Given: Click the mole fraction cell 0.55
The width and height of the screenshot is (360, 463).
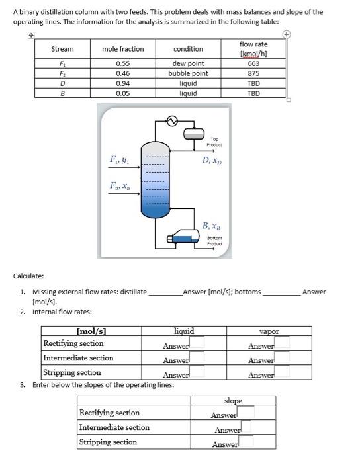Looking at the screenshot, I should tap(122, 64).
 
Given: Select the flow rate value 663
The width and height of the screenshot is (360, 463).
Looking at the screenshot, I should tap(253, 64).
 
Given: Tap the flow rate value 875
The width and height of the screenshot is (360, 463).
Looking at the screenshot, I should tap(253, 74).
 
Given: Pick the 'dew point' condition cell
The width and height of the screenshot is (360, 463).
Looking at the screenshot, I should tap(188, 64).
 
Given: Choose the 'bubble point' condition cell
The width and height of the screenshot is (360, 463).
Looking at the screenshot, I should tap(188, 74).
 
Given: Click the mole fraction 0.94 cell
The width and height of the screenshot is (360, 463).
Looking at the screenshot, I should tap(122, 84).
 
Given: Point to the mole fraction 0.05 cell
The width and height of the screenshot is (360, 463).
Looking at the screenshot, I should tap(122, 94).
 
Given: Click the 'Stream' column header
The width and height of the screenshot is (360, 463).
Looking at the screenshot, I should tap(62, 49).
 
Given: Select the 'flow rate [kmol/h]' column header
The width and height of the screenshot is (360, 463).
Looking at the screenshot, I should tap(253, 48).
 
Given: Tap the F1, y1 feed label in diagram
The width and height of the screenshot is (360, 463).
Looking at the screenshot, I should tap(119, 159).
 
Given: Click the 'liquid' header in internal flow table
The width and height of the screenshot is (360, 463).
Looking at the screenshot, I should tap(183, 331).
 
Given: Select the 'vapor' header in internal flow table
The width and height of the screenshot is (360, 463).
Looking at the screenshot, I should tap(269, 331).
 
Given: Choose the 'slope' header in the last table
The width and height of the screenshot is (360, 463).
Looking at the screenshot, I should tap(233, 401).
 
